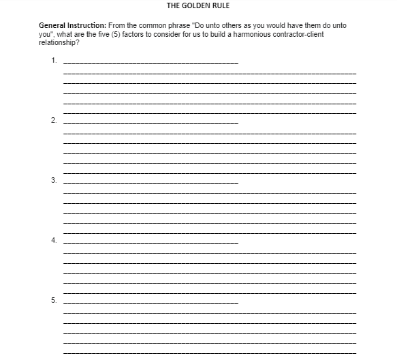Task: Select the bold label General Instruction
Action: point(72,25)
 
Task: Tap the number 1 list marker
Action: point(53,61)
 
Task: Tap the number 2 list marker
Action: point(53,121)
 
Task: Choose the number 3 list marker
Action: point(53,181)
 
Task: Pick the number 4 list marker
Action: point(53,241)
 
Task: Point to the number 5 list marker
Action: point(53,300)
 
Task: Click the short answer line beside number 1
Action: point(150,63)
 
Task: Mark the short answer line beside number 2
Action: point(150,123)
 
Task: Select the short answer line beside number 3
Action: point(150,183)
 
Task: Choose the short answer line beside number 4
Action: point(150,243)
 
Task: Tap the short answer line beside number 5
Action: point(150,302)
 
